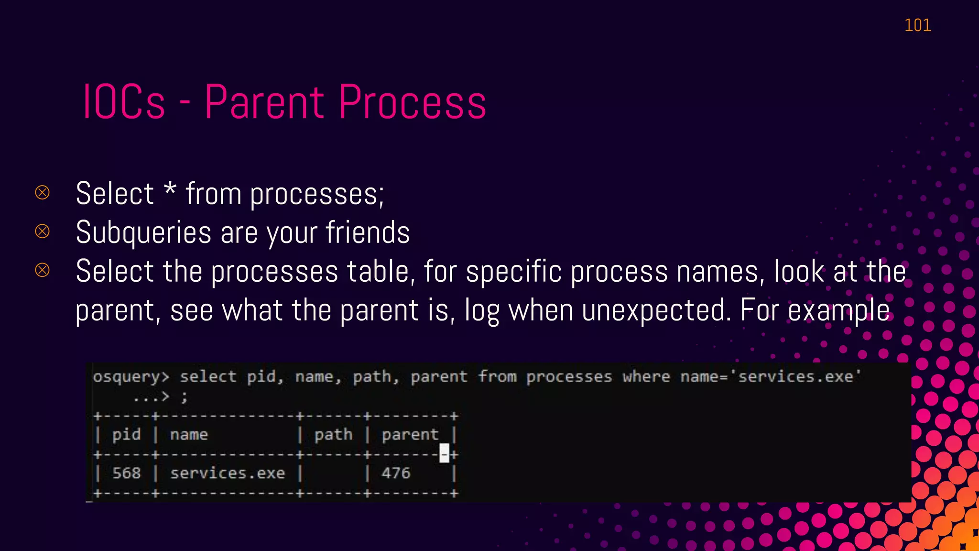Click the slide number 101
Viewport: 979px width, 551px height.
tap(917, 25)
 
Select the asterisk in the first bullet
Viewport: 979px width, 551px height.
tap(170, 189)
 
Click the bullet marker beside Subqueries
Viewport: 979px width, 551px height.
tap(43, 231)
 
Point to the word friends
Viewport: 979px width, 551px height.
tap(368, 232)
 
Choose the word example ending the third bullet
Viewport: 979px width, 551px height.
tap(838, 311)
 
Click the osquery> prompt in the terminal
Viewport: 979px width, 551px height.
tap(131, 377)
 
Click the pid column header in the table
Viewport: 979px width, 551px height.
tap(126, 435)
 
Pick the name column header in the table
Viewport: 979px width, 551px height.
tap(189, 435)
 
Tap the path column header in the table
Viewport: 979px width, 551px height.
tap(333, 435)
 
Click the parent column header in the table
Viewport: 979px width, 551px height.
tap(410, 435)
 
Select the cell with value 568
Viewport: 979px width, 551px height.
tap(126, 473)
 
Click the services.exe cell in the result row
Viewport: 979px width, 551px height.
tap(228, 473)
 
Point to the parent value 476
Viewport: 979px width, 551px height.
tap(396, 473)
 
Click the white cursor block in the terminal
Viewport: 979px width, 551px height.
tap(444, 453)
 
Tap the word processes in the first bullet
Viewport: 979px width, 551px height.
tap(317, 194)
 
